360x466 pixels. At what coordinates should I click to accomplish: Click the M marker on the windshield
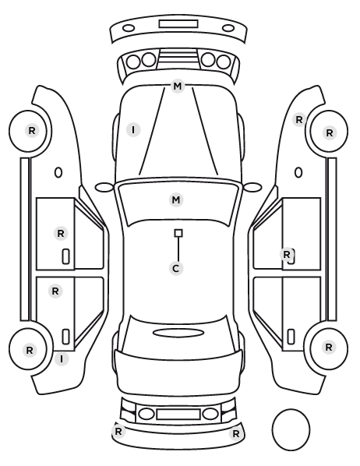click(x=176, y=199)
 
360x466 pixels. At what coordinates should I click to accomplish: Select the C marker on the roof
click(x=176, y=268)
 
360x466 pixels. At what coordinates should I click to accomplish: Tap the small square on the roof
click(x=178, y=233)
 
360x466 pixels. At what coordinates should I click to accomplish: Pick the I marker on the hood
click(x=133, y=130)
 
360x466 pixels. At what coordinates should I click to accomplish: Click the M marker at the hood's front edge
click(x=178, y=86)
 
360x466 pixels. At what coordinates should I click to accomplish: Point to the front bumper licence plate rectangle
click(x=178, y=24)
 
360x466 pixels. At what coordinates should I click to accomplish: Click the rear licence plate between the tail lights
click(x=178, y=415)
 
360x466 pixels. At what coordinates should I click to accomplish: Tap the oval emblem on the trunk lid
click(x=178, y=333)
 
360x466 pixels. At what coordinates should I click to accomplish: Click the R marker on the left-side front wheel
click(x=32, y=130)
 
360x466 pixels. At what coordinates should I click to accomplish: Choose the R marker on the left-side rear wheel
click(x=30, y=351)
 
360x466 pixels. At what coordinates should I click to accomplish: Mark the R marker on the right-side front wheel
click(x=329, y=132)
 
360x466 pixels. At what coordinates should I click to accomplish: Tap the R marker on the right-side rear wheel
click(x=329, y=347)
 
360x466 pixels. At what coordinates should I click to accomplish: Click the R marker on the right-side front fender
click(x=299, y=120)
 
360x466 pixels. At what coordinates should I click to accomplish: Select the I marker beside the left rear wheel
click(x=62, y=359)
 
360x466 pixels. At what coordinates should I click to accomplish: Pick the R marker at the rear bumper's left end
click(x=118, y=431)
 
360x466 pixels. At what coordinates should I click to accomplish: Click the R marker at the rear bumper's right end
click(x=236, y=434)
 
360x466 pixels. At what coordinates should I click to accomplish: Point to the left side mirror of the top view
click(x=104, y=188)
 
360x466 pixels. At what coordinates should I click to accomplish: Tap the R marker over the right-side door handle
click(x=287, y=254)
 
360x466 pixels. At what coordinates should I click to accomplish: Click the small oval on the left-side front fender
click(x=58, y=172)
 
